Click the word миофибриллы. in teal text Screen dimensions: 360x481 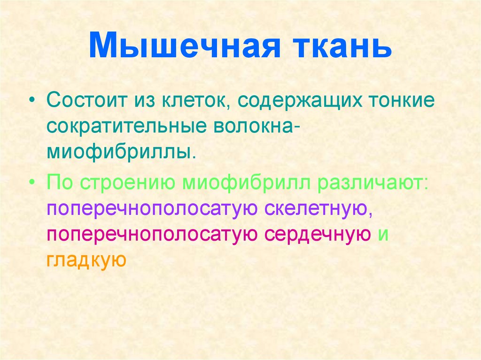click(120, 153)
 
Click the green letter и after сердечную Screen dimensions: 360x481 click(383, 234)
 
